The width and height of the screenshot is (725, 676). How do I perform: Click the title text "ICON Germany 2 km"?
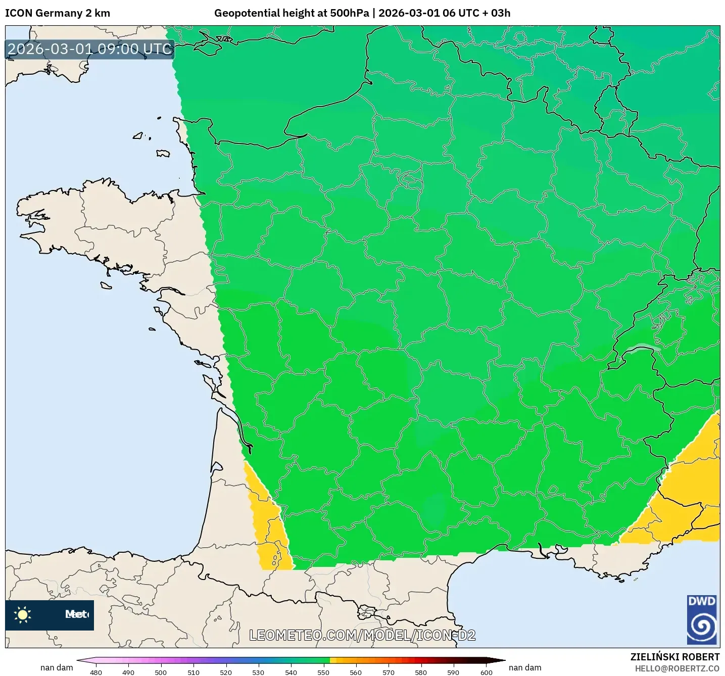click(58, 13)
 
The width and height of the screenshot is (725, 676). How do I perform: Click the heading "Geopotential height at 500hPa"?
click(292, 13)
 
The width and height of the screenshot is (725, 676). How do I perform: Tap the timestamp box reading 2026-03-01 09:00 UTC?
click(90, 49)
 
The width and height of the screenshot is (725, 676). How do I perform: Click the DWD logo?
click(702, 619)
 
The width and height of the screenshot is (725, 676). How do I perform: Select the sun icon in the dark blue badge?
click(23, 614)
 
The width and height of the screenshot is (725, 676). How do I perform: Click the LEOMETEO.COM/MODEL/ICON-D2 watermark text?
click(362, 635)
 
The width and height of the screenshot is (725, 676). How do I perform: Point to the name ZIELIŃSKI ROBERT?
click(675, 657)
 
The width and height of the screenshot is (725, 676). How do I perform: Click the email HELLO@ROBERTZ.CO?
click(677, 668)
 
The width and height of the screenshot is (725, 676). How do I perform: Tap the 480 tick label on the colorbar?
click(96, 672)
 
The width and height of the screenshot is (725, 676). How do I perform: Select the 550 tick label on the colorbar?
click(323, 672)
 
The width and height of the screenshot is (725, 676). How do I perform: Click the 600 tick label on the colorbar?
click(486, 672)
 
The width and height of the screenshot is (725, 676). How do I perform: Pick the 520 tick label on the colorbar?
click(226, 672)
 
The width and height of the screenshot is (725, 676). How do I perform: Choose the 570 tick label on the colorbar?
click(389, 672)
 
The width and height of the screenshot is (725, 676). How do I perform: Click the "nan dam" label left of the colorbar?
click(57, 667)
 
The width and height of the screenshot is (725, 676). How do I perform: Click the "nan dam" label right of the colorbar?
click(525, 667)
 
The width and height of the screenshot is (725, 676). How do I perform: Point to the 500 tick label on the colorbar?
click(161, 672)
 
